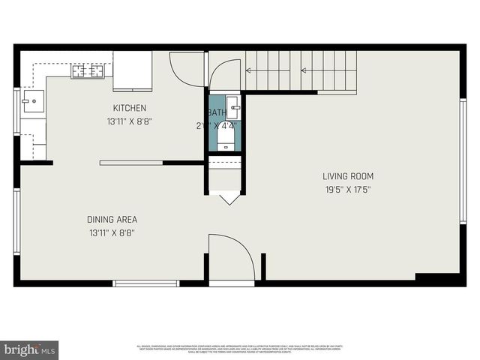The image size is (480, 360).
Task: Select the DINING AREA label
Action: tap(112, 220)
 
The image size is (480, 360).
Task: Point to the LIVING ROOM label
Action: tap(348, 177)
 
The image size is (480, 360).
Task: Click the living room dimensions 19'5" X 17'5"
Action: tap(348, 190)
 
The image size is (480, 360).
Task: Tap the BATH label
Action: tap(217, 112)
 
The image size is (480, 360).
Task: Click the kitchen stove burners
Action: tap(87, 72)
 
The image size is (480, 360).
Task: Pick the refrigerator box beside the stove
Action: tap(132, 70)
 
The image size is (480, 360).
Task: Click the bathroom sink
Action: tap(233, 105)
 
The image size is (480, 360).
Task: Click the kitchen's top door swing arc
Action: tap(186, 70)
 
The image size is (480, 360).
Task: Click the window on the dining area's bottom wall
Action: tap(146, 283)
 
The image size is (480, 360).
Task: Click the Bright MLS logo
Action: tap(30, 349)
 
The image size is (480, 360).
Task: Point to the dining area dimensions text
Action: tap(112, 232)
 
